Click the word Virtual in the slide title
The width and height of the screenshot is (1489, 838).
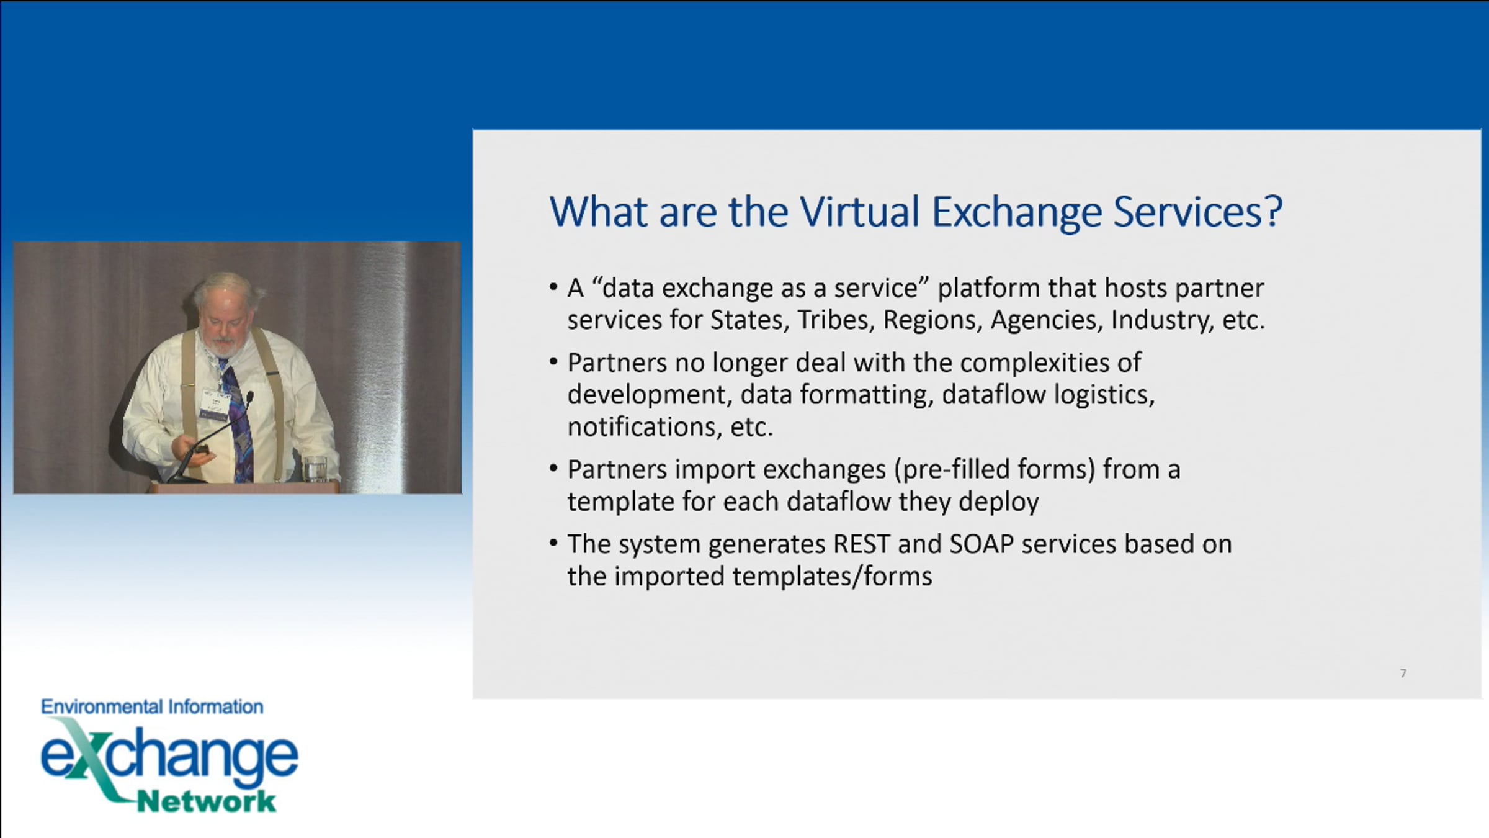[x=860, y=212]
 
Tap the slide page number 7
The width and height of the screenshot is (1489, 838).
[x=1403, y=674]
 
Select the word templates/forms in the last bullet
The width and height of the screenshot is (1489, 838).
[x=832, y=577]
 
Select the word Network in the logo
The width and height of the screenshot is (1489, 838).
[x=207, y=801]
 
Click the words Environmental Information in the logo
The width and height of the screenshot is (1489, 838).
[x=152, y=707]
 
